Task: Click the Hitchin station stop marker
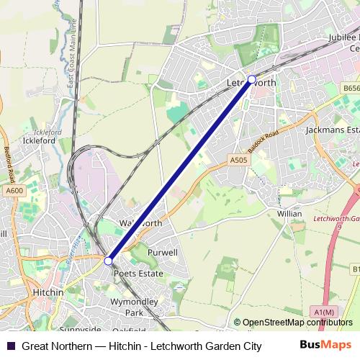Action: (x=108, y=261)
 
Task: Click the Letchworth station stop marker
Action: (x=251, y=79)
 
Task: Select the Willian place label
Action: (x=289, y=214)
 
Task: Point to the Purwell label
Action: (x=162, y=253)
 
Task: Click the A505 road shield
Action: (x=239, y=160)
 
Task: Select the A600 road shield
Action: (x=14, y=190)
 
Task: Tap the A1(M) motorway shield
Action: (x=325, y=311)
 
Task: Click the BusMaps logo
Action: (x=325, y=345)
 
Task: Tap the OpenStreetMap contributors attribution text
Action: (x=293, y=323)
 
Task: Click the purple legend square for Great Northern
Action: (x=10, y=346)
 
